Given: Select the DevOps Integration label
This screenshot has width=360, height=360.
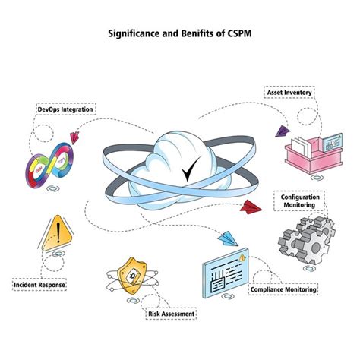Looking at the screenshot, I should (66, 109).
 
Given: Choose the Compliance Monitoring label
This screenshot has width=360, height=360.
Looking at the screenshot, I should (284, 289).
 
